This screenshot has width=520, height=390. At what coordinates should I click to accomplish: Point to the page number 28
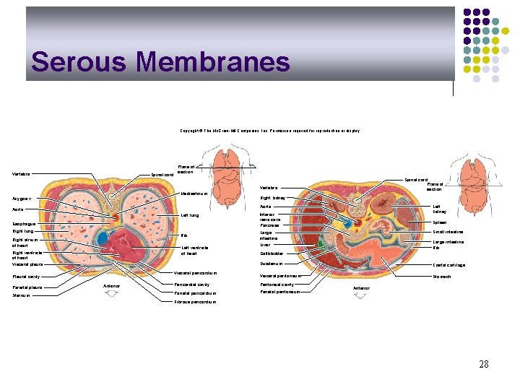pyautogui.click(x=483, y=364)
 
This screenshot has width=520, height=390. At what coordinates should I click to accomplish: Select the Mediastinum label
pyautogui.click(x=194, y=194)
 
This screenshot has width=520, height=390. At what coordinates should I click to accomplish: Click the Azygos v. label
pyautogui.click(x=25, y=199)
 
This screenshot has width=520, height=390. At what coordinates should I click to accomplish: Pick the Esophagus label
pyautogui.click(x=25, y=223)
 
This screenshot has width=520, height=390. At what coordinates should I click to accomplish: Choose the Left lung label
pyautogui.click(x=189, y=215)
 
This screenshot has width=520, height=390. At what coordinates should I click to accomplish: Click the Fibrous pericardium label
pyautogui.click(x=195, y=302)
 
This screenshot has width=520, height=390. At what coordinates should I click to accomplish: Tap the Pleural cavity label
pyautogui.click(x=27, y=276)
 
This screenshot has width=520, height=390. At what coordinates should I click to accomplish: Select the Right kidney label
pyautogui.click(x=274, y=197)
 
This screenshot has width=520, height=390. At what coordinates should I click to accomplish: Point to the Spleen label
pyautogui.click(x=441, y=222)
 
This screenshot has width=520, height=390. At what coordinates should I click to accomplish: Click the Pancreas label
pyautogui.click(x=269, y=225)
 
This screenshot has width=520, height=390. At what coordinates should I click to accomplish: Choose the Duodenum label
pyautogui.click(x=272, y=264)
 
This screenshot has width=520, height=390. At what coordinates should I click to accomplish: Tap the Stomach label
pyautogui.click(x=441, y=276)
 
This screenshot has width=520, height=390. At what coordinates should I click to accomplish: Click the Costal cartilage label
pyautogui.click(x=448, y=265)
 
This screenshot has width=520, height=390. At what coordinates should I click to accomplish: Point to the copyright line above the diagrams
pyautogui.click(x=269, y=131)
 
